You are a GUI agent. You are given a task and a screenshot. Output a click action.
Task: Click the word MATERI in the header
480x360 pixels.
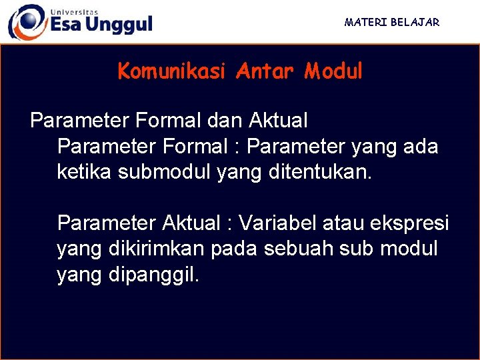point(364,22)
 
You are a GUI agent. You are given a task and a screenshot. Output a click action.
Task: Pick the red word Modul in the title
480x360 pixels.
point(333,71)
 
